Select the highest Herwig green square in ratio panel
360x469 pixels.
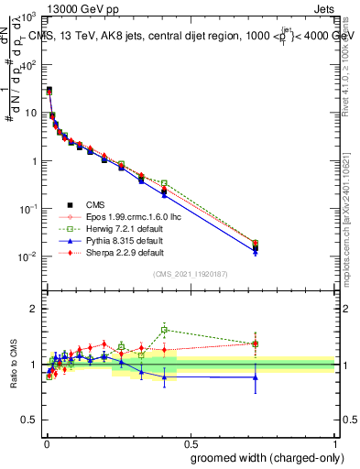[164, 330]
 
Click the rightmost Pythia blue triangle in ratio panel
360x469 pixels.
[256, 376]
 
